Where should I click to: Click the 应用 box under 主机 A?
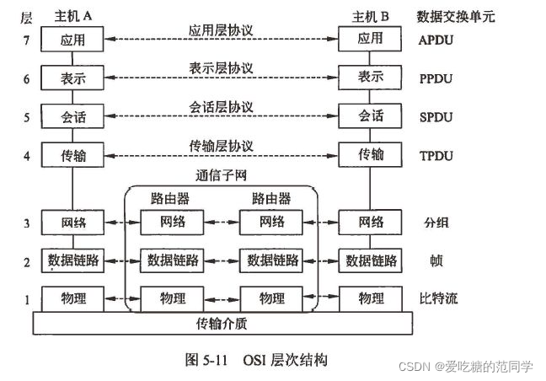coord(72,38)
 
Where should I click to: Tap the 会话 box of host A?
coord(72,115)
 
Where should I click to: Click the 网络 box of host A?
coord(72,223)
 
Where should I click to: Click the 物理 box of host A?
coord(72,298)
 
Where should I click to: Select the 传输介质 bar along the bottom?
coord(222,323)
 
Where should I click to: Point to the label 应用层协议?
coord(222,30)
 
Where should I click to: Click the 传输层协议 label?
coord(222,147)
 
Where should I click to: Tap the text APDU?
coord(435,39)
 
